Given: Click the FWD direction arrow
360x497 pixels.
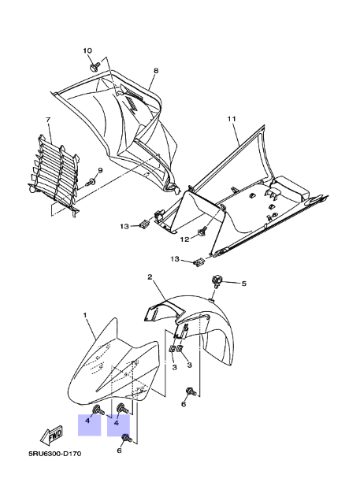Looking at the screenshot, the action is [x=51, y=436].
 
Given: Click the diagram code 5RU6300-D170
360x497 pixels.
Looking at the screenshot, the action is [x=55, y=454].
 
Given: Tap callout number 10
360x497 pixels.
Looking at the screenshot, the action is [x=87, y=50].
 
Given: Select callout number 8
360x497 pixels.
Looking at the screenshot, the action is [x=156, y=71].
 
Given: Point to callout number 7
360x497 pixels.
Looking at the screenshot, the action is [x=48, y=120].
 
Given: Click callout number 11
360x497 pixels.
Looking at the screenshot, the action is [x=232, y=119].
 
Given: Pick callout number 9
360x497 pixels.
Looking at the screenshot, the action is [x=100, y=171].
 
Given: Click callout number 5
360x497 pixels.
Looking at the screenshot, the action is [x=243, y=284].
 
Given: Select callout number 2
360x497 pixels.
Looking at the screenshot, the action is [x=150, y=277].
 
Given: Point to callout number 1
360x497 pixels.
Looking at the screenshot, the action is [x=84, y=315].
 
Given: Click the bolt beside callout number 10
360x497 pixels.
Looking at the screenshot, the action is [x=95, y=67].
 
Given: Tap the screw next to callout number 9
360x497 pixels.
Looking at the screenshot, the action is [x=91, y=182].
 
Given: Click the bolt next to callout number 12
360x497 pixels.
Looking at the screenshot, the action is [x=202, y=231].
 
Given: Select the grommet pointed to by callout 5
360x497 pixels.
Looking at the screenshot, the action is [x=216, y=281].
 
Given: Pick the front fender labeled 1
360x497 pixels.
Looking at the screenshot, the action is [x=110, y=365].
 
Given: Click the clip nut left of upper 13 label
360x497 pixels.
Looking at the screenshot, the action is [x=144, y=224].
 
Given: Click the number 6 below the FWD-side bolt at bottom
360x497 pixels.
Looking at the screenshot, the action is [x=120, y=451].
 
